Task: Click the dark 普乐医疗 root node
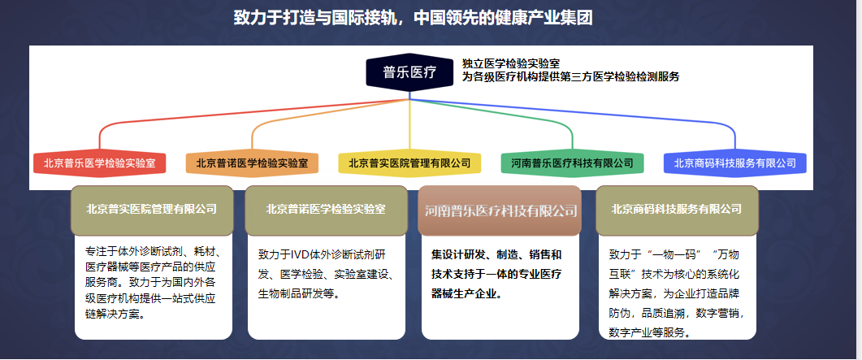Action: (409, 72)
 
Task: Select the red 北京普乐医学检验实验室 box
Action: (99, 163)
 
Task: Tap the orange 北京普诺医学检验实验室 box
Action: (252, 163)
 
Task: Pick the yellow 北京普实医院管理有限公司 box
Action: (409, 163)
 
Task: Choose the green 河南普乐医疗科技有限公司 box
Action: (572, 163)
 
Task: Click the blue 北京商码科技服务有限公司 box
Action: (735, 163)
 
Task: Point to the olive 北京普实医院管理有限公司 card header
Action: (152, 210)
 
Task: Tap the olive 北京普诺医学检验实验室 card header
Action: (326, 210)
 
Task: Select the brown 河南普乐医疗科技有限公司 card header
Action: (500, 210)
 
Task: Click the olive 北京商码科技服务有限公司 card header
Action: (678, 210)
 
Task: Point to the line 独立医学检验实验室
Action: (511, 64)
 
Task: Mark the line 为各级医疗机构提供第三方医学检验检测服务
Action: (570, 77)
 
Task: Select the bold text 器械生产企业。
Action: (466, 293)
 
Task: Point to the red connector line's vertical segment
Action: (99, 141)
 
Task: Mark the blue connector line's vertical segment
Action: (735, 141)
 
